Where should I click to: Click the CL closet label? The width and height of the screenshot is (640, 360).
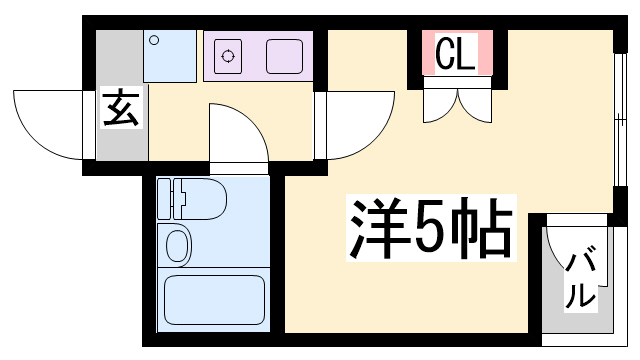coord(456,53)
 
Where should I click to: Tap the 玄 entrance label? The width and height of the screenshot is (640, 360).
coord(121,108)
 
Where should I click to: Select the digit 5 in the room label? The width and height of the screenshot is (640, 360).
coord(429,228)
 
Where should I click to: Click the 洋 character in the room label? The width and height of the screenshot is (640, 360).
coord(379,228)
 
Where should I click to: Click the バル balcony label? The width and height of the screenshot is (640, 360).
coord(580,278)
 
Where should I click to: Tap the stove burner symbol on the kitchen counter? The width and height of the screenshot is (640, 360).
coord(228,56)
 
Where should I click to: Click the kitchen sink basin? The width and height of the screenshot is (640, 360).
coord(284,56)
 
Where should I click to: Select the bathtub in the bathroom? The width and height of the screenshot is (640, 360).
coord(214,300)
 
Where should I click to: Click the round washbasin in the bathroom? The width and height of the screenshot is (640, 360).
coord(178,246)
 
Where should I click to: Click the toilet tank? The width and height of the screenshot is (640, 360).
coord(164,199)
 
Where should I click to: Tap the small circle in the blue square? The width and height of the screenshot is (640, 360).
coord(154,40)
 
